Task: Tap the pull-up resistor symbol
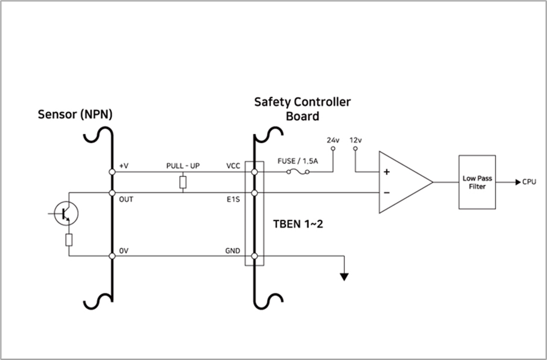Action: [183, 182]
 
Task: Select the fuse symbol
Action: [295, 172]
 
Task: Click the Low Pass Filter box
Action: [477, 182]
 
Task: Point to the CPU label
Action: [529, 182]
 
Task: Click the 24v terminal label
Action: [333, 140]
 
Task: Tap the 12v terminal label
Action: [356, 140]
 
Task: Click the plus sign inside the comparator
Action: [386, 172]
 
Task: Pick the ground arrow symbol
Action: [344, 277]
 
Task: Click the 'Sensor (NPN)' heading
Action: [75, 115]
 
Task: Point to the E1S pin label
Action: [233, 199]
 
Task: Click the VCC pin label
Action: [233, 166]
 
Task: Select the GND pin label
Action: [233, 251]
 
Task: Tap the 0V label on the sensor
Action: [124, 251]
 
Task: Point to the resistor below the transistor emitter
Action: [69, 240]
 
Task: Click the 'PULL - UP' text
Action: [183, 166]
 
